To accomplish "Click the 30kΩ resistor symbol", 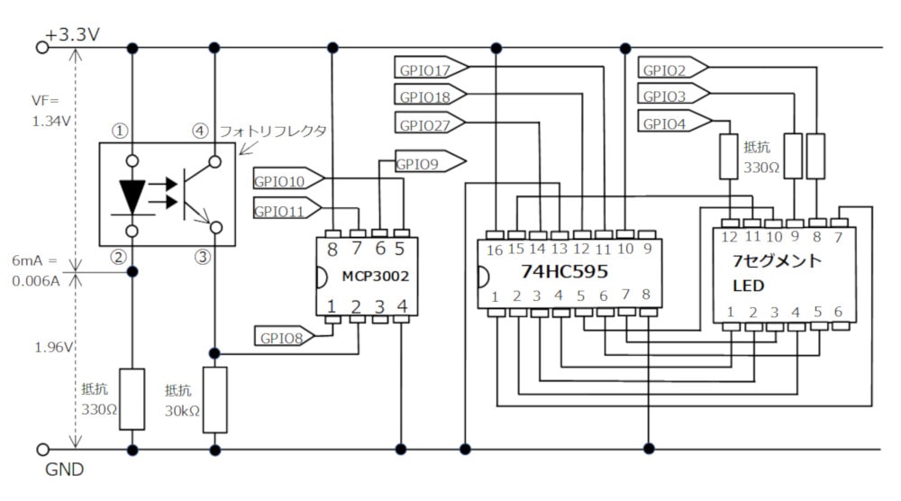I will click(214, 398).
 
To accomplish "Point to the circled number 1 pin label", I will click(117, 130).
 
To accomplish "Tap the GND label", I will click(64, 469).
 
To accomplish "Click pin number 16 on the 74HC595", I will click(496, 249).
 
